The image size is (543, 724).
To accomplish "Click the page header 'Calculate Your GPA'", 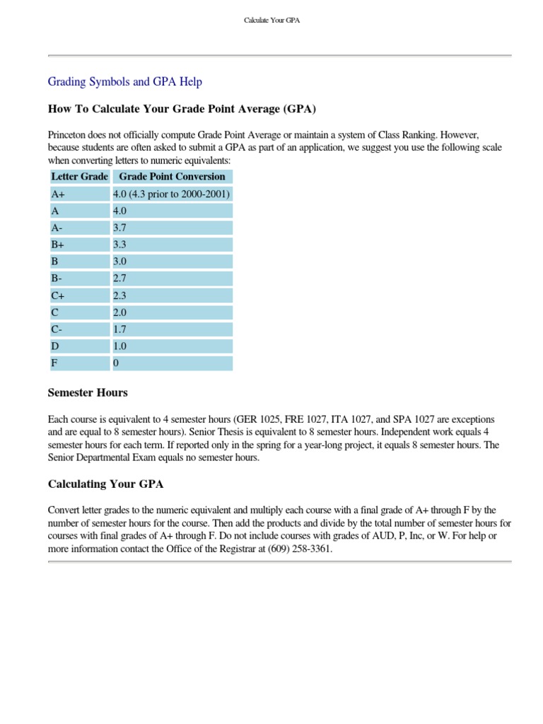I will click(271, 21).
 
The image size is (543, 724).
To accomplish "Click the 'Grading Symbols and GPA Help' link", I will click(124, 82).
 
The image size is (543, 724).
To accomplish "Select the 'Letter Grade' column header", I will click(78, 177).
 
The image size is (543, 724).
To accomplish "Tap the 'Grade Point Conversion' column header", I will click(172, 177).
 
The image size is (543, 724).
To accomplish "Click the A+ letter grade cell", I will click(78, 194).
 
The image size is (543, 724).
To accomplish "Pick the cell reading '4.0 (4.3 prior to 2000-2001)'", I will click(172, 194).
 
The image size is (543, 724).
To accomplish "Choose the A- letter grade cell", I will click(78, 228).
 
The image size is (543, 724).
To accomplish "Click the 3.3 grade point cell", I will click(172, 245).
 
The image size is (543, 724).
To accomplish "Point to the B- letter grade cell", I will click(78, 279).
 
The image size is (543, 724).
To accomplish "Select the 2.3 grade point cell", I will click(172, 296).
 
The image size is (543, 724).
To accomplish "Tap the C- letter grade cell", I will click(78, 329).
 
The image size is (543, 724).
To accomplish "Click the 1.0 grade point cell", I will click(172, 346).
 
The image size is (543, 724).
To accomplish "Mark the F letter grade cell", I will click(78, 363).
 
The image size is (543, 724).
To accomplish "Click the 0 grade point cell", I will click(172, 363).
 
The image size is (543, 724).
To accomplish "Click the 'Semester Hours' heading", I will click(88, 392).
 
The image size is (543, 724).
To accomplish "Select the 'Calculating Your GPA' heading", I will click(105, 484).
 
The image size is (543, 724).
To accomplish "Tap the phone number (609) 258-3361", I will click(300, 548).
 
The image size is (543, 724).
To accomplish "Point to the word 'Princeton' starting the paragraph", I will click(69, 134).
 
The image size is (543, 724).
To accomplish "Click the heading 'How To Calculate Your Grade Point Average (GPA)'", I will click(182, 109).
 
